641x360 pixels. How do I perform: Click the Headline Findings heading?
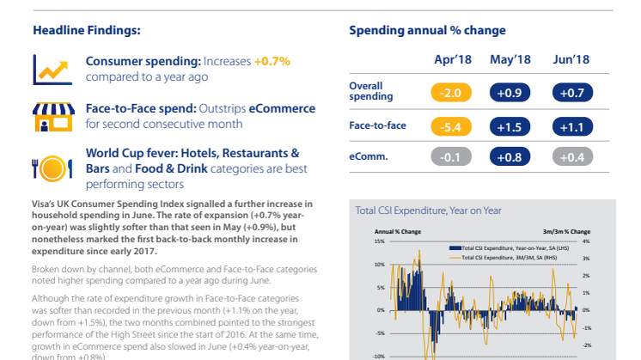coord(86,30)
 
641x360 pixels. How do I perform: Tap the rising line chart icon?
coord(52,68)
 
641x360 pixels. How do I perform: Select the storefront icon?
coord(52,116)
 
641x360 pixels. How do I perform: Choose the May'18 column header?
coord(510,59)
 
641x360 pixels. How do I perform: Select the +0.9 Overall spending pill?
coord(510,92)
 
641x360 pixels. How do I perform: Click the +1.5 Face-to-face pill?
coord(510,125)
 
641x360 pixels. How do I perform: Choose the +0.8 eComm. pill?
coord(510,157)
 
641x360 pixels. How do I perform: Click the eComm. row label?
coord(368,157)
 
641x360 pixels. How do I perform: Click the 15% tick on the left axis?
coord(380,241)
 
